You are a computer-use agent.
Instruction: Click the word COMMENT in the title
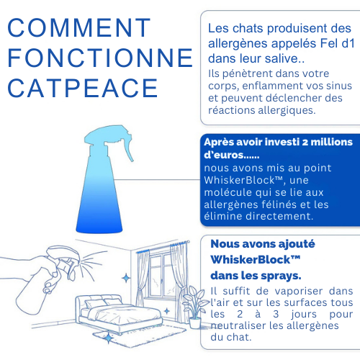click(79, 27)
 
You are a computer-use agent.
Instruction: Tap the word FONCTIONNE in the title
click(100, 58)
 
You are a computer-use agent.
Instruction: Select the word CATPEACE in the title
click(83, 88)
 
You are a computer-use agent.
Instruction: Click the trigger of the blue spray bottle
click(127, 148)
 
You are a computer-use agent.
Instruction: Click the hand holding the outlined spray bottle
click(36, 271)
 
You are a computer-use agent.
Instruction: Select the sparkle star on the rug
click(109, 338)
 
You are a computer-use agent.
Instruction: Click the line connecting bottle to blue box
click(157, 179)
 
